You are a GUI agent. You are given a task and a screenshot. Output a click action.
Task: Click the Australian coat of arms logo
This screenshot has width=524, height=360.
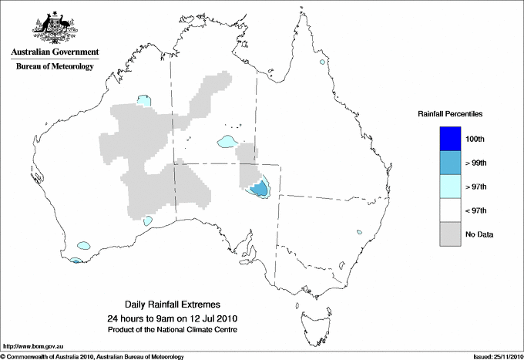tap(52, 27)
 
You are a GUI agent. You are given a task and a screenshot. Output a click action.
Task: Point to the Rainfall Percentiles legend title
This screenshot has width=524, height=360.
tap(450, 113)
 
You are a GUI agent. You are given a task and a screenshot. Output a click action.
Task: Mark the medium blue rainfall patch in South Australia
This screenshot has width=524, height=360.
tap(260, 187)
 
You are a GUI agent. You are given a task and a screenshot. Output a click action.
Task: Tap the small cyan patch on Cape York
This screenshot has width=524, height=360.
tap(321, 61)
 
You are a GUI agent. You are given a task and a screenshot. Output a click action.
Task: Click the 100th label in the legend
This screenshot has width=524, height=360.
tap(475, 139)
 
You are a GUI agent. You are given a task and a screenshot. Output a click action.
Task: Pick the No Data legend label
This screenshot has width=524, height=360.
tap(479, 234)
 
